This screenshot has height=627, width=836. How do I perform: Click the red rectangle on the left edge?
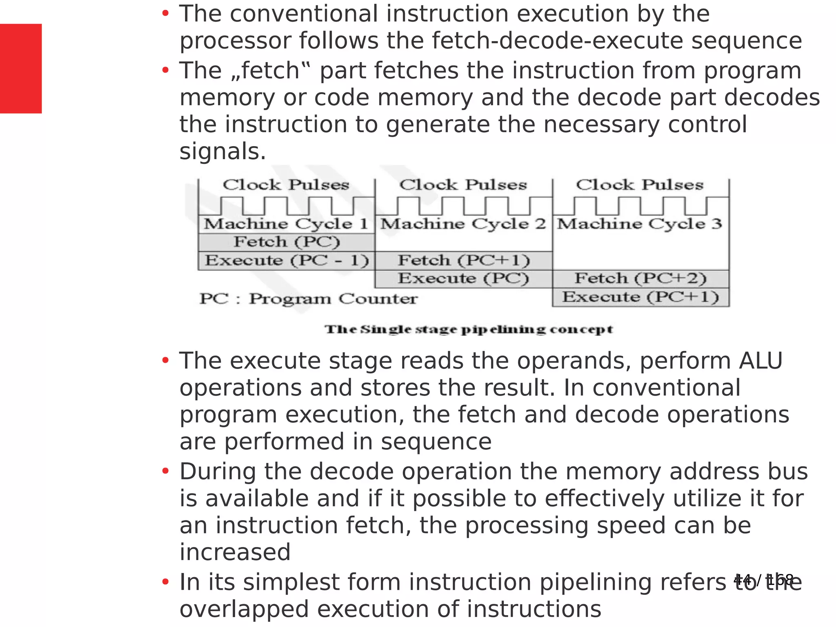[x=21, y=69]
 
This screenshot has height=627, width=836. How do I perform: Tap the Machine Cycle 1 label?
[x=286, y=224]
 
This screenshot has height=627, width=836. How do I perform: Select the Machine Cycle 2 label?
[x=463, y=224]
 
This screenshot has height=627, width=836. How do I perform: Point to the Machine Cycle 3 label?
[x=640, y=224]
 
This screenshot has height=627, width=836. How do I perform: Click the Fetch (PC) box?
[x=287, y=242]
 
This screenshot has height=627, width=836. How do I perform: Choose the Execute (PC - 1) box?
[x=287, y=260]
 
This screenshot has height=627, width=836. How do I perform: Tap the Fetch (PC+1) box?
[x=464, y=260]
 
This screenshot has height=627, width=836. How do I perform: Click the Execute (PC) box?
[x=464, y=278]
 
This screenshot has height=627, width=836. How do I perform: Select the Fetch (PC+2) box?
[x=640, y=278]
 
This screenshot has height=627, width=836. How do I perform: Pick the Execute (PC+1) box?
[x=640, y=297]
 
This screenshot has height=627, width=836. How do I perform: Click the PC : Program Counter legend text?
[x=309, y=299]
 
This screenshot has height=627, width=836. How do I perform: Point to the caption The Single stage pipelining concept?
[x=469, y=329]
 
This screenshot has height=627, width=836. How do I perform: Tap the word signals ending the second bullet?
[x=222, y=152]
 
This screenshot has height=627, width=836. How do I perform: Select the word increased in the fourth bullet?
[x=235, y=552]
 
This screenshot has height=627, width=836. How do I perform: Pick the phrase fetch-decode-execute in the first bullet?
[x=558, y=41]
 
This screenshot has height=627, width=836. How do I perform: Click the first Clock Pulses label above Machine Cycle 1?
[x=286, y=185]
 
